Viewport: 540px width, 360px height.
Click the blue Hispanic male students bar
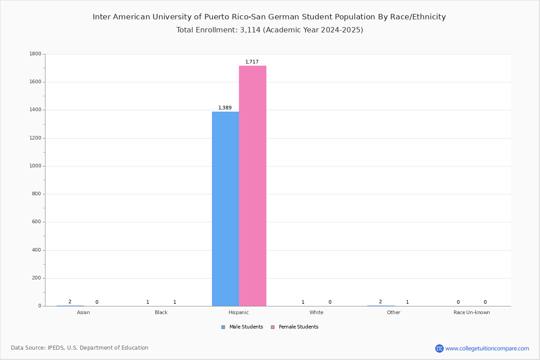click(x=225, y=209)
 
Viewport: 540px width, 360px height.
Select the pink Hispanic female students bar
click(x=252, y=186)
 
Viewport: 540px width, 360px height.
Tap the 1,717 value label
click(x=252, y=62)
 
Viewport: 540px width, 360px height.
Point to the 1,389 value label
click(x=225, y=108)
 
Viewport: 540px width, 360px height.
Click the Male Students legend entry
click(x=242, y=327)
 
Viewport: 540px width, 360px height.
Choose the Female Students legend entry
click(x=295, y=327)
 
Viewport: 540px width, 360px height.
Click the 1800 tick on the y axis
click(x=36, y=54)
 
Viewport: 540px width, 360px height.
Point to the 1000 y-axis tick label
click(x=36, y=166)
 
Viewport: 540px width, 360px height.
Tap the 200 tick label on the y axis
click(x=36, y=278)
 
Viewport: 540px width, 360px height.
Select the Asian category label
click(x=83, y=312)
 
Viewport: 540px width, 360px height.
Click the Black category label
click(x=161, y=312)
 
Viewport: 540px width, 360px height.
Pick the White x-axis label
click(x=316, y=312)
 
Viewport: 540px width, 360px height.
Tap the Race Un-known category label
click(x=472, y=312)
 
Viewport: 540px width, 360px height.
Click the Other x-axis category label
click(x=393, y=312)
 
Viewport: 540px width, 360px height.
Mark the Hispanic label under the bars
click(x=238, y=312)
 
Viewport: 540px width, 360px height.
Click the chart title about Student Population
click(x=269, y=17)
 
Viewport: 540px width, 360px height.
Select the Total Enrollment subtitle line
click(x=270, y=30)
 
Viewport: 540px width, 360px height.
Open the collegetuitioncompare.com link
click(x=487, y=348)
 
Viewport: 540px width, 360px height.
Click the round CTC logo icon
click(x=439, y=348)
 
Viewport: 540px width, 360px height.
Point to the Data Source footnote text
click(x=80, y=348)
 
